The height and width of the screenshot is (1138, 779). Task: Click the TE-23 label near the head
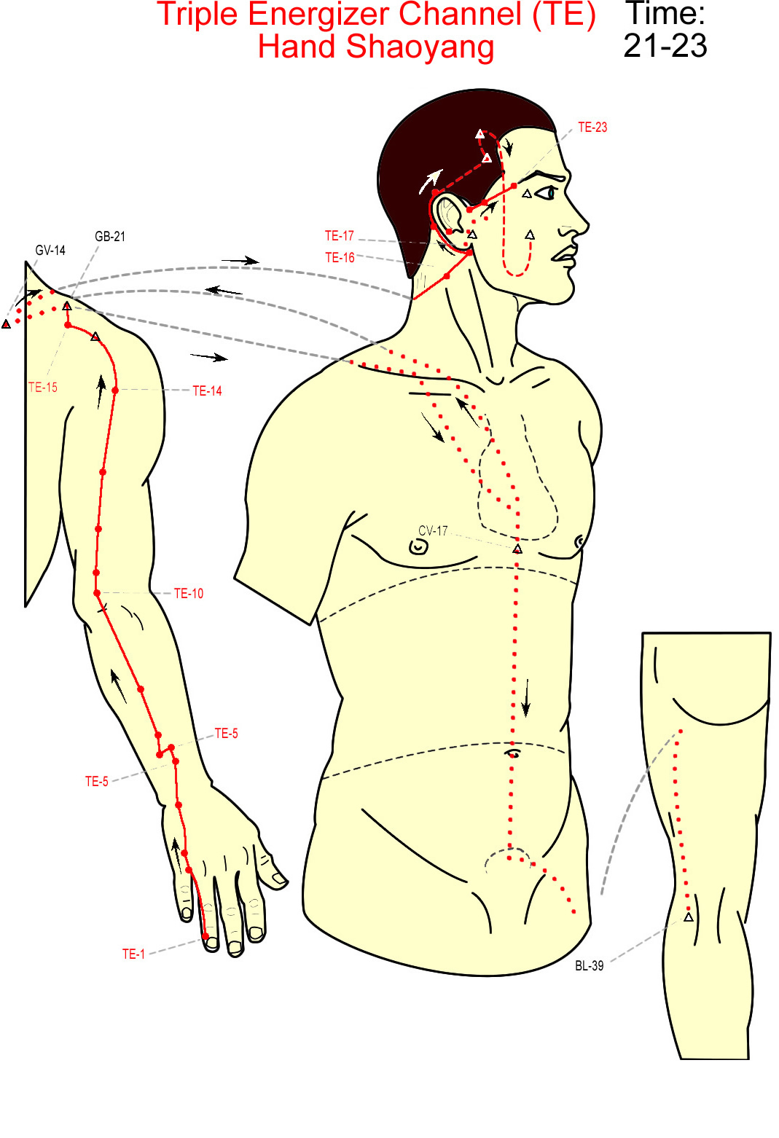592,127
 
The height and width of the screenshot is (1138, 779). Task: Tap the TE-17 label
340,236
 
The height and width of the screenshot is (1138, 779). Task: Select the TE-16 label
340,258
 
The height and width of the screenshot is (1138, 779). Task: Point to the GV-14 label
50,250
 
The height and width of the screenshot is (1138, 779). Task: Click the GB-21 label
110,236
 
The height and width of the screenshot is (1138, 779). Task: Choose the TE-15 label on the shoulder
43,387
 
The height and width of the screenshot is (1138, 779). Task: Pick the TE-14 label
208,391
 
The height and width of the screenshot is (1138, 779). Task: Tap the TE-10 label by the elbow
189,593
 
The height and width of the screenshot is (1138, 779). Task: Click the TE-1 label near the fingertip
133,954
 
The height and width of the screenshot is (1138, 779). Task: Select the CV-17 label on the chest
433,531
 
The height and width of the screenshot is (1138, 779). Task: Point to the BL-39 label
590,966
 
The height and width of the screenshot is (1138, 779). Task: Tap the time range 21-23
665,45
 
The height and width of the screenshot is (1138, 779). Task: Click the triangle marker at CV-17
517,549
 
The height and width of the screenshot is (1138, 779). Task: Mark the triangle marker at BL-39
689,917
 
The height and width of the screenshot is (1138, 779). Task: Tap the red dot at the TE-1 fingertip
205,936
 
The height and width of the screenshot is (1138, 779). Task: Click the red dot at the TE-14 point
115,391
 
